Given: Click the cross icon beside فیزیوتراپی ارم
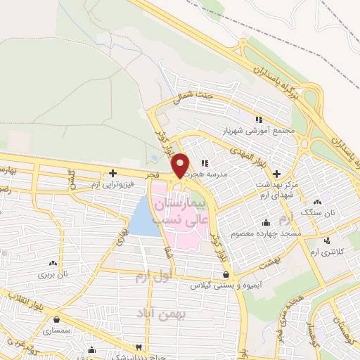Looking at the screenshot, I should [x=112, y=173].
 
